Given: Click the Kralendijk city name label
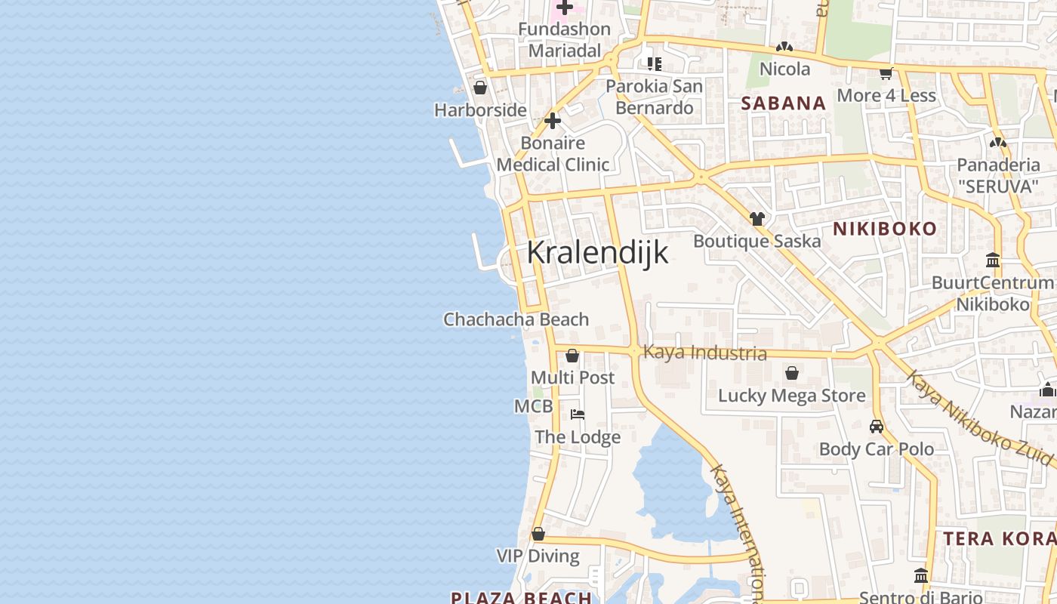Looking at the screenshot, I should [x=597, y=252].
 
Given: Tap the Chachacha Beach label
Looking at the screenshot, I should [x=516, y=319].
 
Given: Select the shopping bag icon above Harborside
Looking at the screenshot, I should [x=479, y=88].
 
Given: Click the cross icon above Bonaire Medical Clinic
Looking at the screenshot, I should [x=553, y=121].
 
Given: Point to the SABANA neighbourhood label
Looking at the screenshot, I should [x=783, y=103].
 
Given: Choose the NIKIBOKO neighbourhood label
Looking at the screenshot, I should [x=884, y=229].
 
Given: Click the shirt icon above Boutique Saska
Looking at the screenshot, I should [x=757, y=219].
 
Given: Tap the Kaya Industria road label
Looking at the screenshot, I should [x=705, y=353].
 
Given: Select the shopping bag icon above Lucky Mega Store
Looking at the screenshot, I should [x=792, y=373].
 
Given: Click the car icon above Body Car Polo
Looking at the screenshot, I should [x=877, y=427].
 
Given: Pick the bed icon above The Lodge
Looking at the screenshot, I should [x=578, y=414].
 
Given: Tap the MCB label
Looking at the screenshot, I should [x=533, y=406].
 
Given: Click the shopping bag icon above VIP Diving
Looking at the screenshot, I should [x=538, y=534].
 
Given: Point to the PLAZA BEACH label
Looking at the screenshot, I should [x=521, y=597].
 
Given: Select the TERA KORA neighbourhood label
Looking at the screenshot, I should [x=999, y=538].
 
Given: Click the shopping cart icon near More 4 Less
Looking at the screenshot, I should [x=886, y=73].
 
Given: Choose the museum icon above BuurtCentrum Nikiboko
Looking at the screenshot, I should [x=993, y=260].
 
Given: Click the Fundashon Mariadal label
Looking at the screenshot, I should [x=565, y=40].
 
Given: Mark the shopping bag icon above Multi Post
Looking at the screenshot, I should [x=572, y=356].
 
